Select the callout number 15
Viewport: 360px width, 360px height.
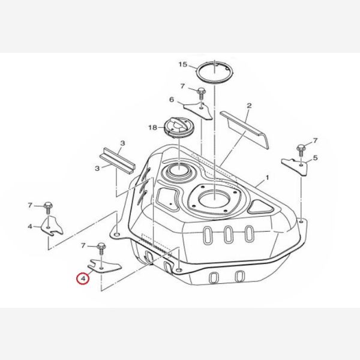coord(183,64)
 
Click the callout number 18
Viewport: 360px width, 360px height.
coord(152,127)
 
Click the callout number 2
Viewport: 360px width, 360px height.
coord(248,106)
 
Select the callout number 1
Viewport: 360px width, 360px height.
coord(268,178)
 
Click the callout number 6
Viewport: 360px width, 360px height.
coord(171,100)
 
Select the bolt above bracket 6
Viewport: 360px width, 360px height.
coord(200,92)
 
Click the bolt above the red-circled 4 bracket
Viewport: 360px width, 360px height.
coord(101,246)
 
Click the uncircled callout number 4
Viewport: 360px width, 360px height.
coord(30,226)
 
